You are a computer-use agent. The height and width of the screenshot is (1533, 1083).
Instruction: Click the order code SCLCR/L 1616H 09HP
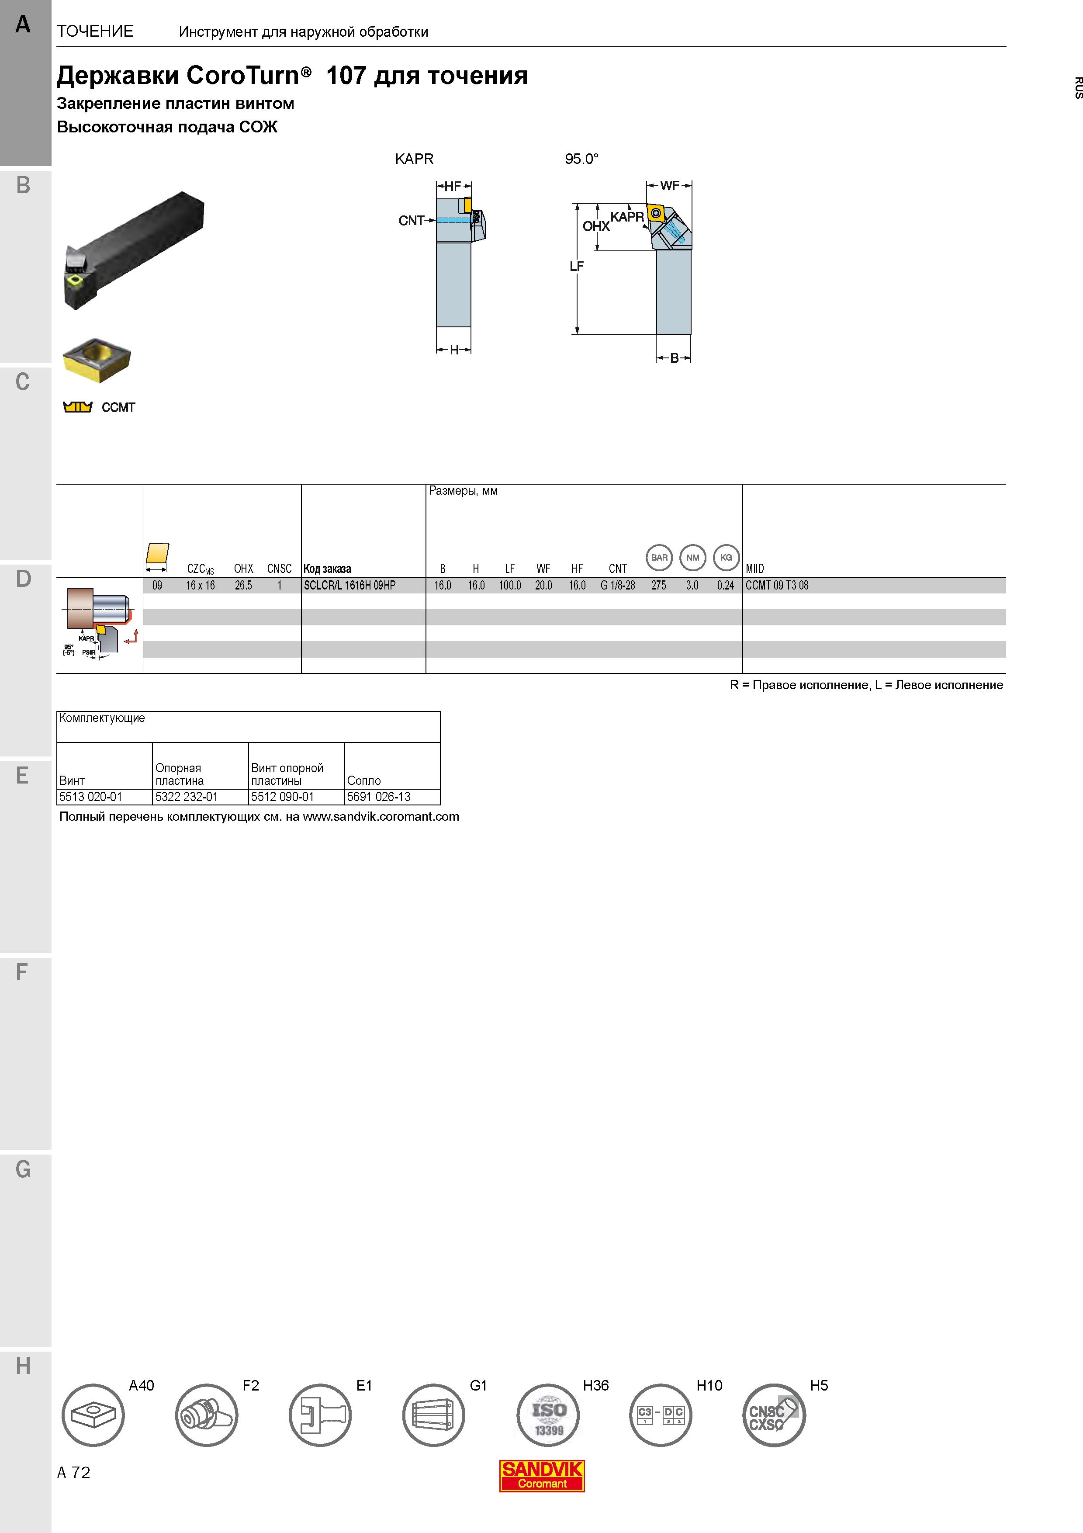pyautogui.click(x=349, y=586)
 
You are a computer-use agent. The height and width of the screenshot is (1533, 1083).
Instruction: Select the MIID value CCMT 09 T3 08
pyautogui.click(x=777, y=586)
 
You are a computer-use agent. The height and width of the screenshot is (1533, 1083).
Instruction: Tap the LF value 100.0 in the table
pyautogui.click(x=510, y=586)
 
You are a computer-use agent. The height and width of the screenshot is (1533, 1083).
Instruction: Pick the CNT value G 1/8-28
pyautogui.click(x=618, y=586)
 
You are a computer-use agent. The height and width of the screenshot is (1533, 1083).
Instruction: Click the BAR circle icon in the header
pyautogui.click(x=659, y=558)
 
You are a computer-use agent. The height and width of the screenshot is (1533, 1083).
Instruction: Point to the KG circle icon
pyautogui.click(x=726, y=558)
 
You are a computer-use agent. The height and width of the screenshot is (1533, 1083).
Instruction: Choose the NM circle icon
pyautogui.click(x=692, y=558)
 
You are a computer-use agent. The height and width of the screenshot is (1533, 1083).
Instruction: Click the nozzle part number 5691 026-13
pyautogui.click(x=379, y=797)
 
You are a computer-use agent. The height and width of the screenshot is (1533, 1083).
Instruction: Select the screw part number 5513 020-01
pyautogui.click(x=91, y=797)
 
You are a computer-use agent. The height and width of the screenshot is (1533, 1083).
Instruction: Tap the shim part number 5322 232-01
pyautogui.click(x=187, y=797)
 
